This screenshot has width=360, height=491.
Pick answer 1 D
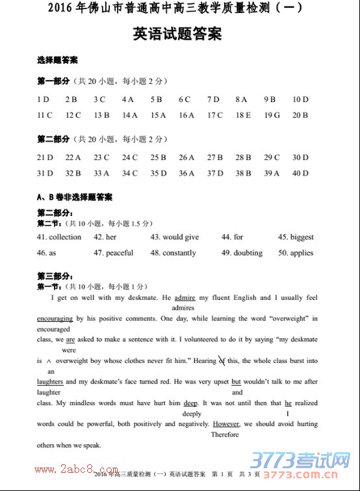44,100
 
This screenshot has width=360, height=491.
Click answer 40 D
300,174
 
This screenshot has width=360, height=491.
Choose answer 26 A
186,157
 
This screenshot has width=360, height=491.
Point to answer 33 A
101,174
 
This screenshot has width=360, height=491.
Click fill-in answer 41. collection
59,237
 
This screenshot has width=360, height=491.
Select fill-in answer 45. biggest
296,237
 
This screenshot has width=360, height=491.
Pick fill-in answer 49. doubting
242,253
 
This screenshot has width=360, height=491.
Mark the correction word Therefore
225,435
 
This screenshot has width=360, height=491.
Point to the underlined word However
226,424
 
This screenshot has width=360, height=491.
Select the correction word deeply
192,414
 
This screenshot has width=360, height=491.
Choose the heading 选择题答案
57,60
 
